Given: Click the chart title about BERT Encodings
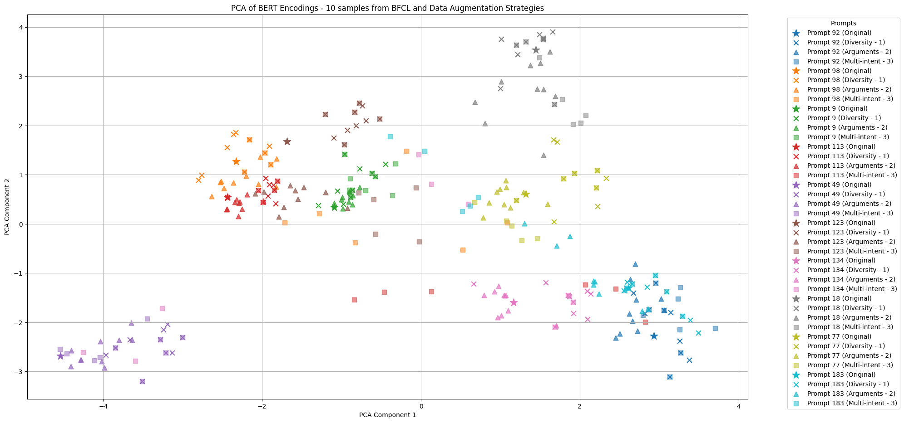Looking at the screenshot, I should (387, 8).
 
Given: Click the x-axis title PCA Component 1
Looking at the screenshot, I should (387, 414).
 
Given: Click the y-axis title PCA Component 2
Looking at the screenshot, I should (7, 207).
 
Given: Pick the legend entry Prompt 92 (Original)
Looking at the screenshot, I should (839, 33).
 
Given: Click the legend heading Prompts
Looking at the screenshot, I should (843, 23).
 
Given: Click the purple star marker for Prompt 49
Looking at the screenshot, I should (60, 356).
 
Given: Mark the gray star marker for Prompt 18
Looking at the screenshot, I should (536, 50).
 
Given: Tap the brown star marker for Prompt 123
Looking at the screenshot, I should (287, 141).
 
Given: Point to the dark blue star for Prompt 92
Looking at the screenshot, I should (654, 336).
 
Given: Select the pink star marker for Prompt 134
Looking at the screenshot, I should (514, 302).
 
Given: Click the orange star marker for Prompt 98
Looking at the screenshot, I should (236, 161).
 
